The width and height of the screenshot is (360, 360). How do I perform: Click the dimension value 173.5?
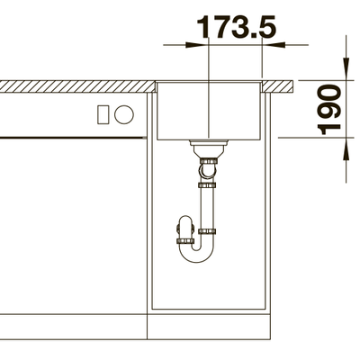(236, 27)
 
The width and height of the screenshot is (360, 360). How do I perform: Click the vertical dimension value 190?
(329, 110)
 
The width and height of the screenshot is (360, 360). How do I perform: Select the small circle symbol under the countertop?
(124, 114)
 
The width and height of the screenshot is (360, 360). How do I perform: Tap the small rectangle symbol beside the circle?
(103, 114)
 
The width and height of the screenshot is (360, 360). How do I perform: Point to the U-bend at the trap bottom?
(196, 255)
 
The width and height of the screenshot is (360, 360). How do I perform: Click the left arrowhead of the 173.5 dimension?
(196, 45)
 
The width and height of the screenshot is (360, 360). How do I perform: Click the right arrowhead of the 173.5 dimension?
(274, 45)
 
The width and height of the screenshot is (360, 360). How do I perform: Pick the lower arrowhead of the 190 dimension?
(346, 149)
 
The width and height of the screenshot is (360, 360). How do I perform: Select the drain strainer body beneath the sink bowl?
(208, 149)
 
